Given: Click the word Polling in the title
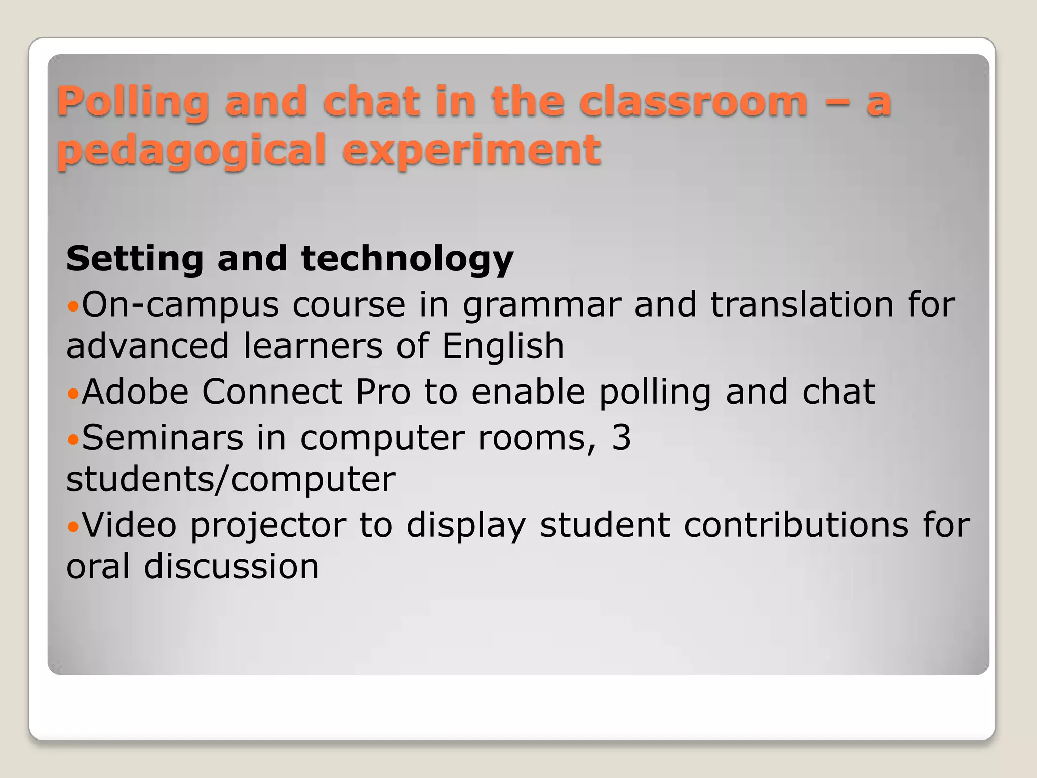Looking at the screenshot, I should point(133,102).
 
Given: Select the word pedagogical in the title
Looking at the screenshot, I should point(191,151).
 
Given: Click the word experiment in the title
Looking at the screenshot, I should point(471,151).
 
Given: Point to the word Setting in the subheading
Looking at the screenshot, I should point(134,259).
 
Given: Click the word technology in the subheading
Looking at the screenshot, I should point(407,259).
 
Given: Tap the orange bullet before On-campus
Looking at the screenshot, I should point(73,306).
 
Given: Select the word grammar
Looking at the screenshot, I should point(542,306).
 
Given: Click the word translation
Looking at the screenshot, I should point(802,305).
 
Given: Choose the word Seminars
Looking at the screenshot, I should point(163,438).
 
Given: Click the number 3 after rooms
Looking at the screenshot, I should point(621,438).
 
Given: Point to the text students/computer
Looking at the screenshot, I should point(231,480).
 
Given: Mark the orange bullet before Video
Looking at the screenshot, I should point(73,527).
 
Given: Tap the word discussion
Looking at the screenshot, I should point(231,567).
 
